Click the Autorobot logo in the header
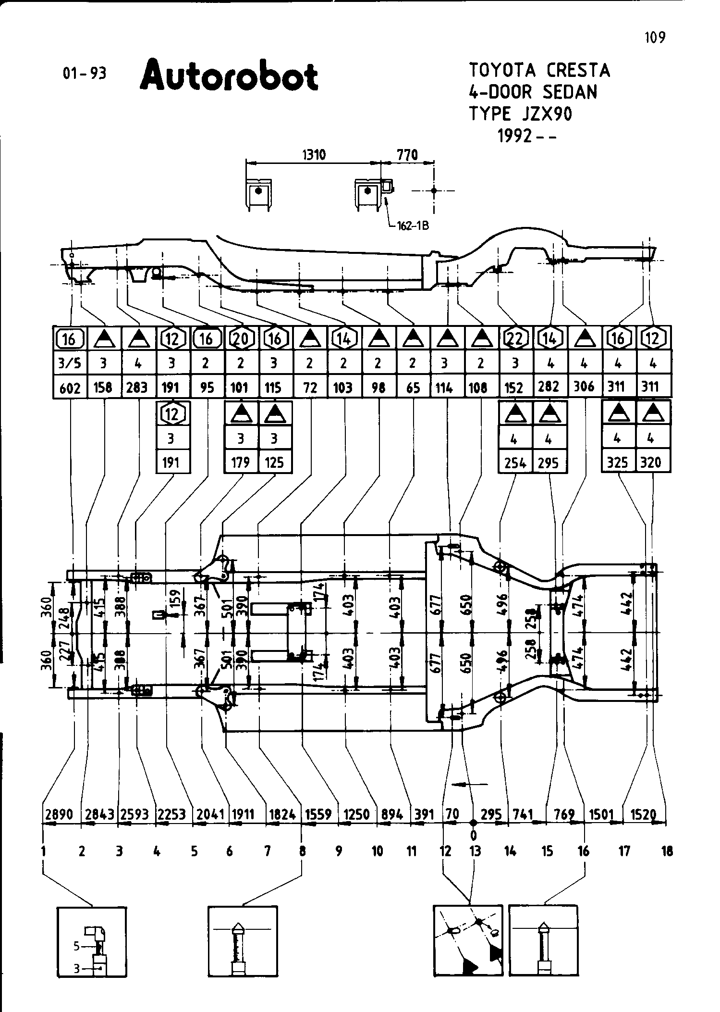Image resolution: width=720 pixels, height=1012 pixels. (229, 75)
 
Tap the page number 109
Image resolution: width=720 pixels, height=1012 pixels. (655, 37)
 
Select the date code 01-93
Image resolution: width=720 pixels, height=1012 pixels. (84, 73)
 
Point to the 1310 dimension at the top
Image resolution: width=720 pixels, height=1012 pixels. (314, 154)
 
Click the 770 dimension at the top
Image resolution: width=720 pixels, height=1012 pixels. (407, 154)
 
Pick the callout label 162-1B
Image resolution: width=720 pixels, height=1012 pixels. (412, 226)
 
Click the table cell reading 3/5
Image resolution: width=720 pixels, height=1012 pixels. (70, 363)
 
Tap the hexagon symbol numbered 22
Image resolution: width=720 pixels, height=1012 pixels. (515, 339)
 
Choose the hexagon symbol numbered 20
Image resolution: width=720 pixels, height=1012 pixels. (241, 339)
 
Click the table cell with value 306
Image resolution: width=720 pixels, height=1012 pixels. (584, 387)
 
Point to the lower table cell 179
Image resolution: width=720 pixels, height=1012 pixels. (241, 462)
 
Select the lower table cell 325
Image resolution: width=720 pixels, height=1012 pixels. (618, 462)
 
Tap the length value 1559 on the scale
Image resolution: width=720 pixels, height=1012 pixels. (318, 814)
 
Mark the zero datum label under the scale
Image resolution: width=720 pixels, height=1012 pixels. (474, 835)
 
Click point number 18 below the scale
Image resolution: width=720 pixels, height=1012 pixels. (667, 852)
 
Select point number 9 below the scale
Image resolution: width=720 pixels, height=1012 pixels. (339, 852)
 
